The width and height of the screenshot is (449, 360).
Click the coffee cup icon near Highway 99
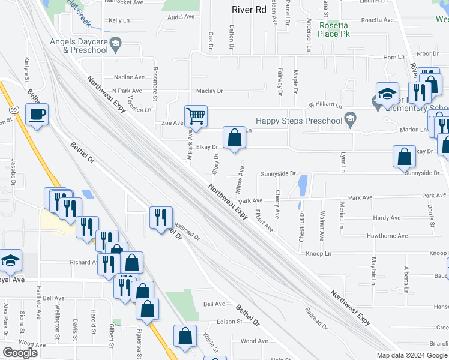point(37,115)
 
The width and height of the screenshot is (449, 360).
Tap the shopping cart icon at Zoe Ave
point(196,116)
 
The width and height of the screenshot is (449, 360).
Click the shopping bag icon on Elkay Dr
point(234,137)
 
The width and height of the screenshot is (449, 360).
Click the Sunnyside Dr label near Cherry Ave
point(279,174)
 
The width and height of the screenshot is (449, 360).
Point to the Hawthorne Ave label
point(390,236)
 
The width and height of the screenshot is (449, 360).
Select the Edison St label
point(229,322)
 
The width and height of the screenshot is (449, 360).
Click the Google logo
point(20,353)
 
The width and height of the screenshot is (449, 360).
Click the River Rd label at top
point(249,9)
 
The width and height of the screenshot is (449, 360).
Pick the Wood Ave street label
point(254,341)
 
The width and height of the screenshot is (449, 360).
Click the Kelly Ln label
point(119,21)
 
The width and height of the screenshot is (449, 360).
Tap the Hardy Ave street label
point(387,218)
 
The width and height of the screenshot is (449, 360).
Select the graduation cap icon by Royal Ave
point(11,260)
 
